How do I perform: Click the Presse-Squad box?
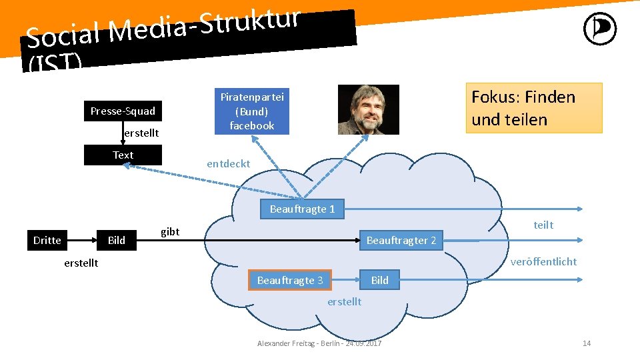click(123, 111)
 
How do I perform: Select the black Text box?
click(123, 155)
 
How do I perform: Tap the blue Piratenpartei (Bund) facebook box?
click(252, 111)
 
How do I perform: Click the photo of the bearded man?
click(368, 109)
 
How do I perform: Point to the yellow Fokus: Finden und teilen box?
click(533, 108)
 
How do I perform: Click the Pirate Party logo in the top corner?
click(599, 30)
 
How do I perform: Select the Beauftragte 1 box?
click(302, 209)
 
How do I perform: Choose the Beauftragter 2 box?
click(401, 240)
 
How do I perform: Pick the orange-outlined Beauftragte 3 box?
click(290, 280)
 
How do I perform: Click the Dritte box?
click(47, 240)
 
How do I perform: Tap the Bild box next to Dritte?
click(117, 240)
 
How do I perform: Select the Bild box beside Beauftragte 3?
click(379, 280)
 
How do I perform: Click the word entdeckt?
click(229, 163)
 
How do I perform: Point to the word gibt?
click(170, 231)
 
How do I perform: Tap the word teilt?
click(543, 225)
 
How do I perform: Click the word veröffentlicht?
click(543, 261)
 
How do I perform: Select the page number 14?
click(587, 343)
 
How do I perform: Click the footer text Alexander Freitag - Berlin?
click(319, 343)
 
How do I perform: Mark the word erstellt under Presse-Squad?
click(141, 133)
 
